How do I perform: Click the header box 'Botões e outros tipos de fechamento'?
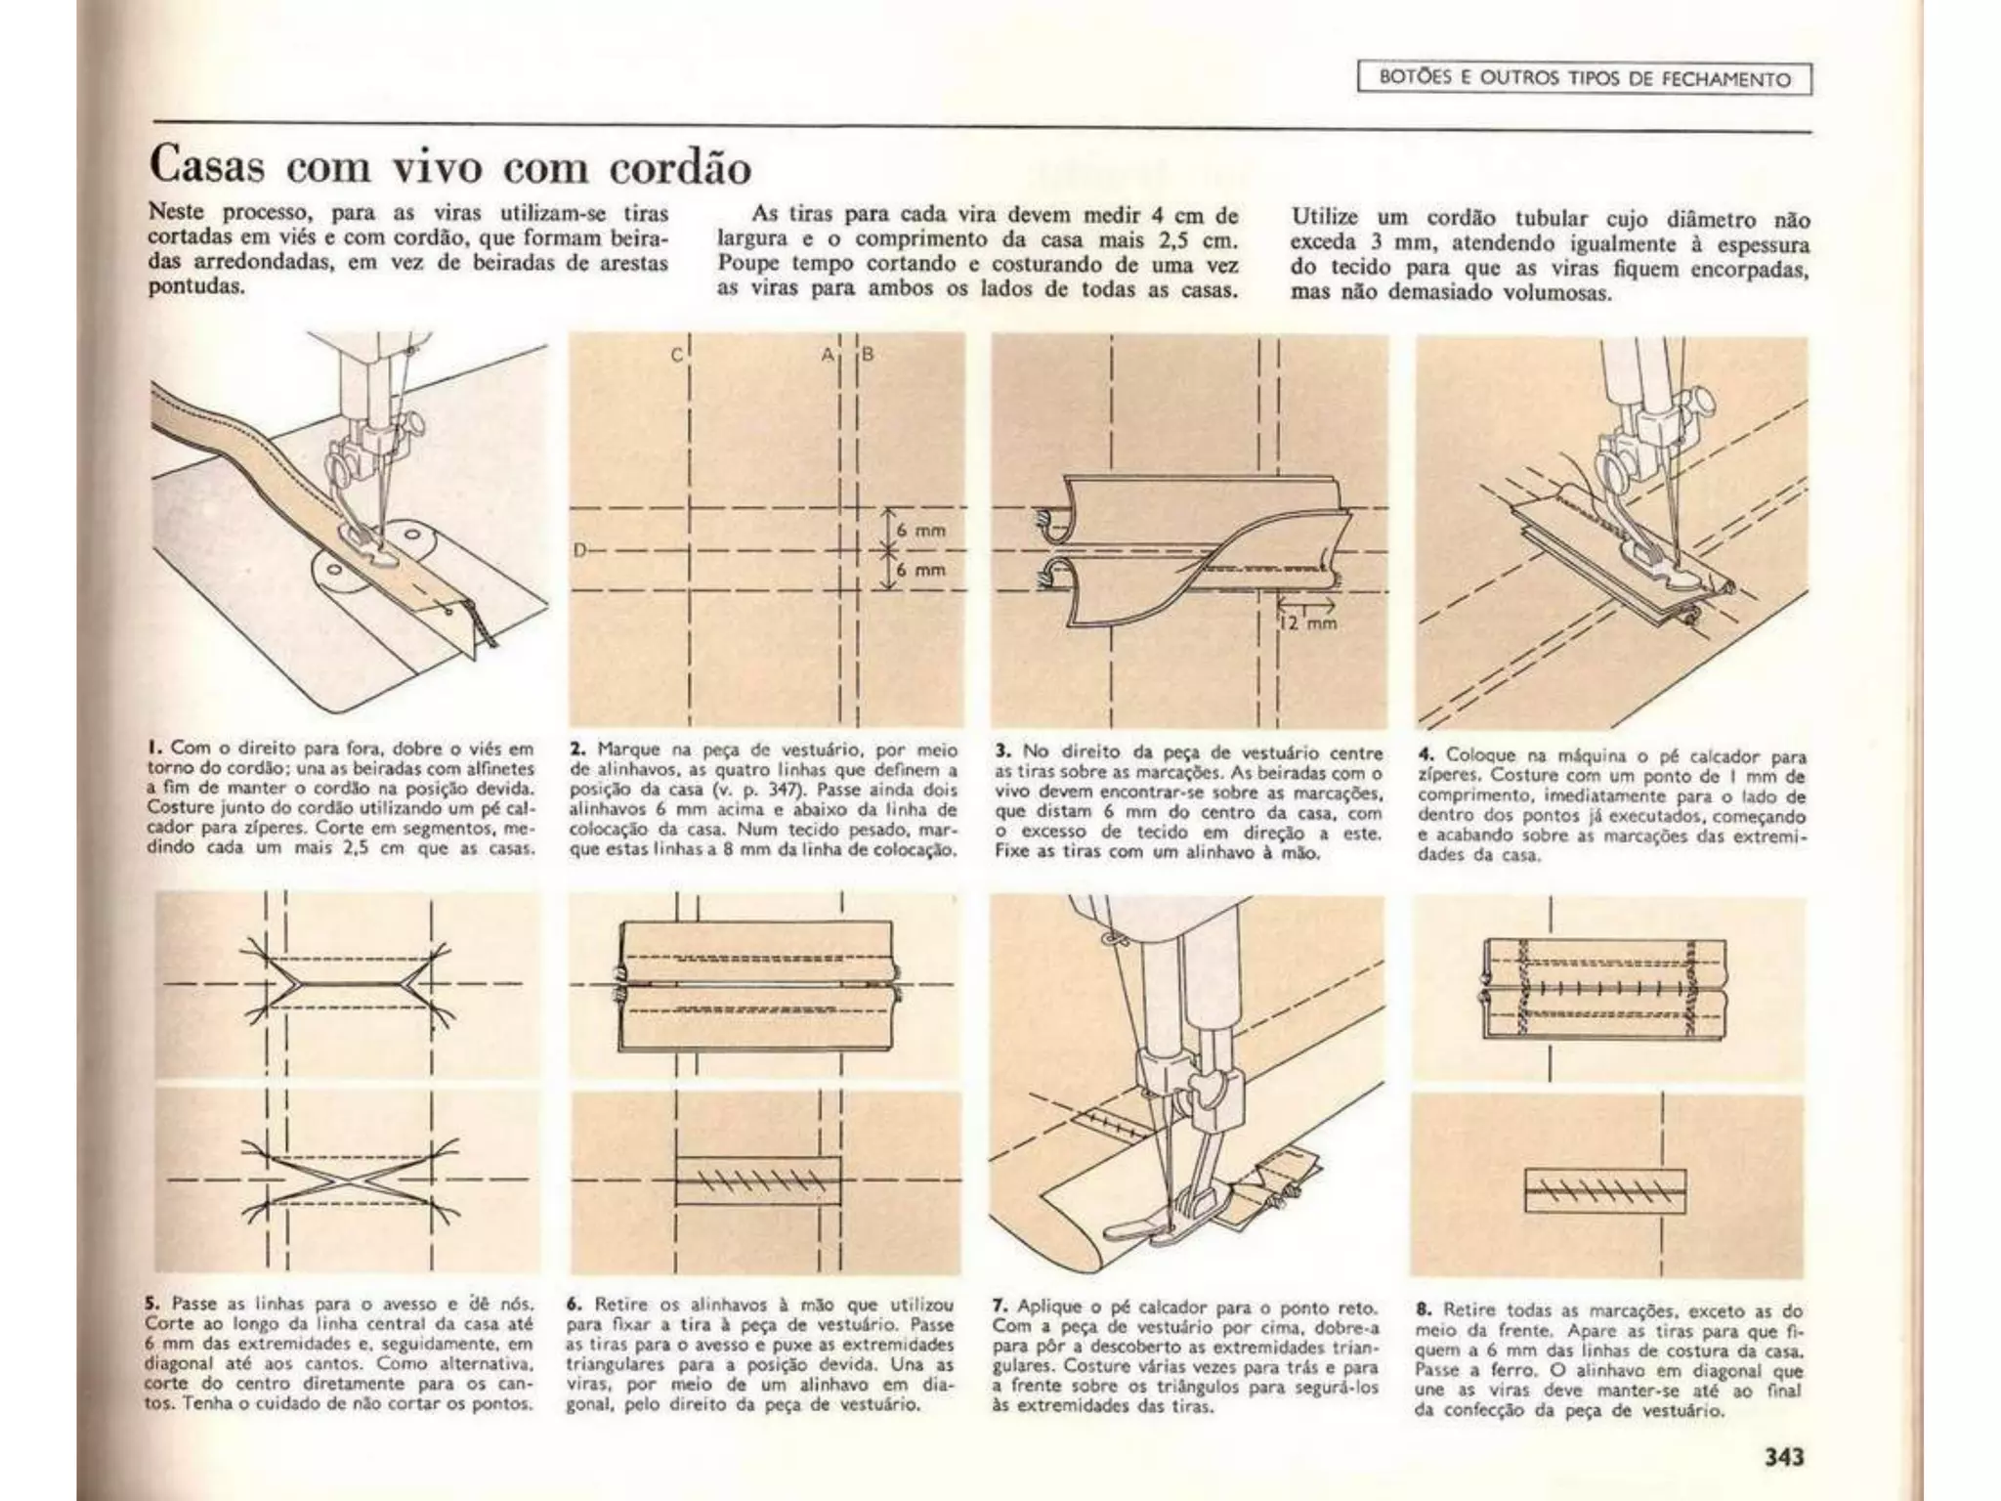point(1584,79)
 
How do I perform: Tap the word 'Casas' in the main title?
point(206,167)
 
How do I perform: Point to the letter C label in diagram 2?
point(676,357)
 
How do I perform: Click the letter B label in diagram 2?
point(867,355)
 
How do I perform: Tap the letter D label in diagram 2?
point(578,551)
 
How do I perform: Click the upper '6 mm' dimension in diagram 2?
point(920,531)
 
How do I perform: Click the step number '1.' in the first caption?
point(155,750)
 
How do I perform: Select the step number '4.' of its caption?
point(1426,755)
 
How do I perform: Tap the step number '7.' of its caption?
point(1000,1307)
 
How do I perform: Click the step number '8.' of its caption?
point(1424,1309)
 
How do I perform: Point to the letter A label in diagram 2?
point(827,355)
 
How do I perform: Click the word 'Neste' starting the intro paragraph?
point(175,213)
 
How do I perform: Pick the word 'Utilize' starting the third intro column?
point(1327,218)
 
